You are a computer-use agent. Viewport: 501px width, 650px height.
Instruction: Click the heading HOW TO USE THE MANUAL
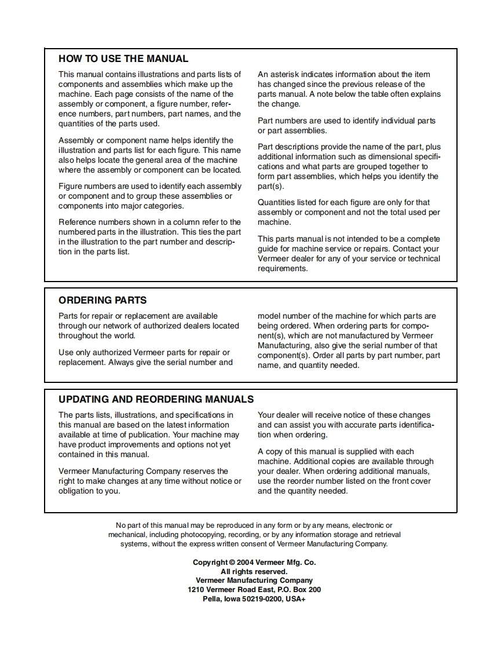123,59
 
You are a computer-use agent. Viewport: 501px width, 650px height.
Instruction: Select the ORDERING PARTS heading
103,300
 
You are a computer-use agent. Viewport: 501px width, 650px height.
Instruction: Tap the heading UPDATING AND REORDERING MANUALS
156,399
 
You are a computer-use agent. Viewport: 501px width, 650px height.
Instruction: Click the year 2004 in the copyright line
246,562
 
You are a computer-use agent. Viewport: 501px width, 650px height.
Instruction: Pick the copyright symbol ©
232,562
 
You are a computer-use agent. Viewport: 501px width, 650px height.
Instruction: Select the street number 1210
196,589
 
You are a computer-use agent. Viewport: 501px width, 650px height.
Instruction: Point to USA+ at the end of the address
295,598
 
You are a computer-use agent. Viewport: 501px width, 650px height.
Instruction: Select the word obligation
78,491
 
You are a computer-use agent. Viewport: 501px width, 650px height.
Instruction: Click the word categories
164,206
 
